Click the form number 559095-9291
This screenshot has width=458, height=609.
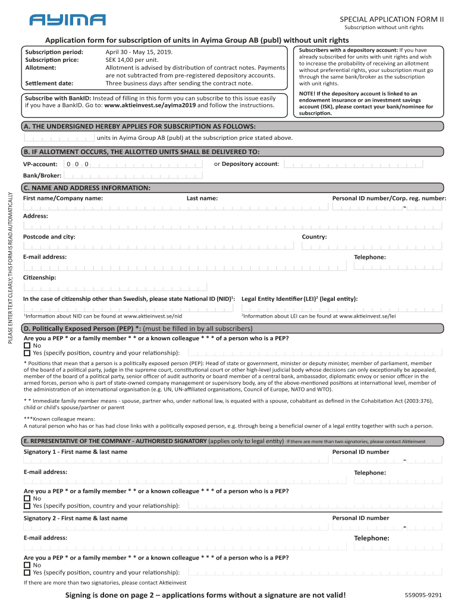pos(423,595)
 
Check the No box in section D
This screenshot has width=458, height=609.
pos(27,346)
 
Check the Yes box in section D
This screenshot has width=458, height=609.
pos(27,353)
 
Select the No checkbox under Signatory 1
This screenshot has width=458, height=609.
pos(27,498)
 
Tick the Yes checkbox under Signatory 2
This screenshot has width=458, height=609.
pos(27,572)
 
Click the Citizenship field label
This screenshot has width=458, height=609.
pos(40,278)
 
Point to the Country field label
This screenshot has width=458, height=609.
pos(314,237)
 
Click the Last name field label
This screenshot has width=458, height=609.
pos(202,198)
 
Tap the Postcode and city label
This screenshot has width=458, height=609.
pos(49,237)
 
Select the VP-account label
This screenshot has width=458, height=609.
pos(40,164)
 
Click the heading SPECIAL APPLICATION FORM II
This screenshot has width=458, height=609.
pos(391,19)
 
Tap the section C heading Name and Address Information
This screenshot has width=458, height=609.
pos(87,188)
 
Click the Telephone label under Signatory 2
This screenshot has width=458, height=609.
pos(372,538)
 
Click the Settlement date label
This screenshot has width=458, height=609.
pos(49,83)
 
